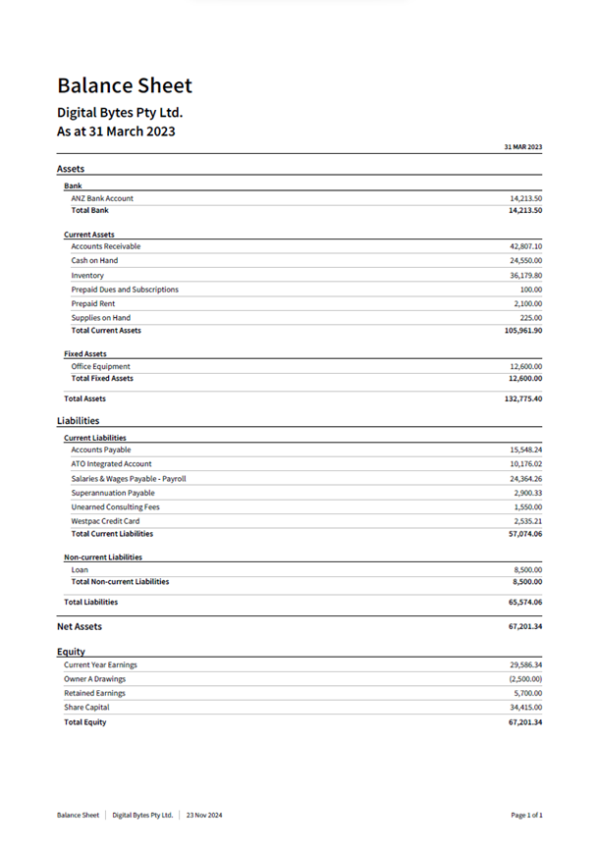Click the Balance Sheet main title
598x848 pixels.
coord(125,85)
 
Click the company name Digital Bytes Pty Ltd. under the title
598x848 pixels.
coord(120,112)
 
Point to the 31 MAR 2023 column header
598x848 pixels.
coord(522,146)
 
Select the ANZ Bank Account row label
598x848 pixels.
coord(102,198)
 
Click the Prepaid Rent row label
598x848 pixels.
coord(94,304)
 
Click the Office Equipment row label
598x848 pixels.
coord(101,366)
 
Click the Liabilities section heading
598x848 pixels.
coord(78,421)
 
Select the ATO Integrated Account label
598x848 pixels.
coord(111,463)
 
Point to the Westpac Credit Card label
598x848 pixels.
coord(105,521)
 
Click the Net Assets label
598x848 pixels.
coord(80,626)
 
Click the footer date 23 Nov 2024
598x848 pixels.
coord(204,815)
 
